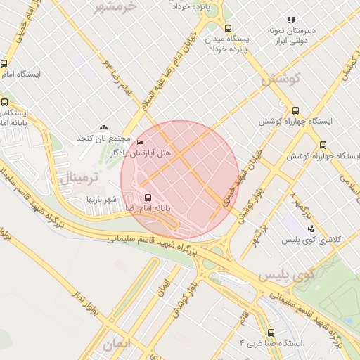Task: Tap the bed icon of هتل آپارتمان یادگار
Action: [x=139, y=143]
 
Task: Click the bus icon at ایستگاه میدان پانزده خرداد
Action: [x=227, y=28]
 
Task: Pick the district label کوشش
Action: [x=281, y=79]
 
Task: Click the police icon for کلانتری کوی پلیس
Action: [x=310, y=229]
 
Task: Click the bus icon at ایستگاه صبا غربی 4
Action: [x=271, y=333]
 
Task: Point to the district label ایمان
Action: [x=117, y=345]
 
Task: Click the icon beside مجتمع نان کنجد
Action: [x=104, y=127]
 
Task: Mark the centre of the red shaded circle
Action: [x=180, y=180]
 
